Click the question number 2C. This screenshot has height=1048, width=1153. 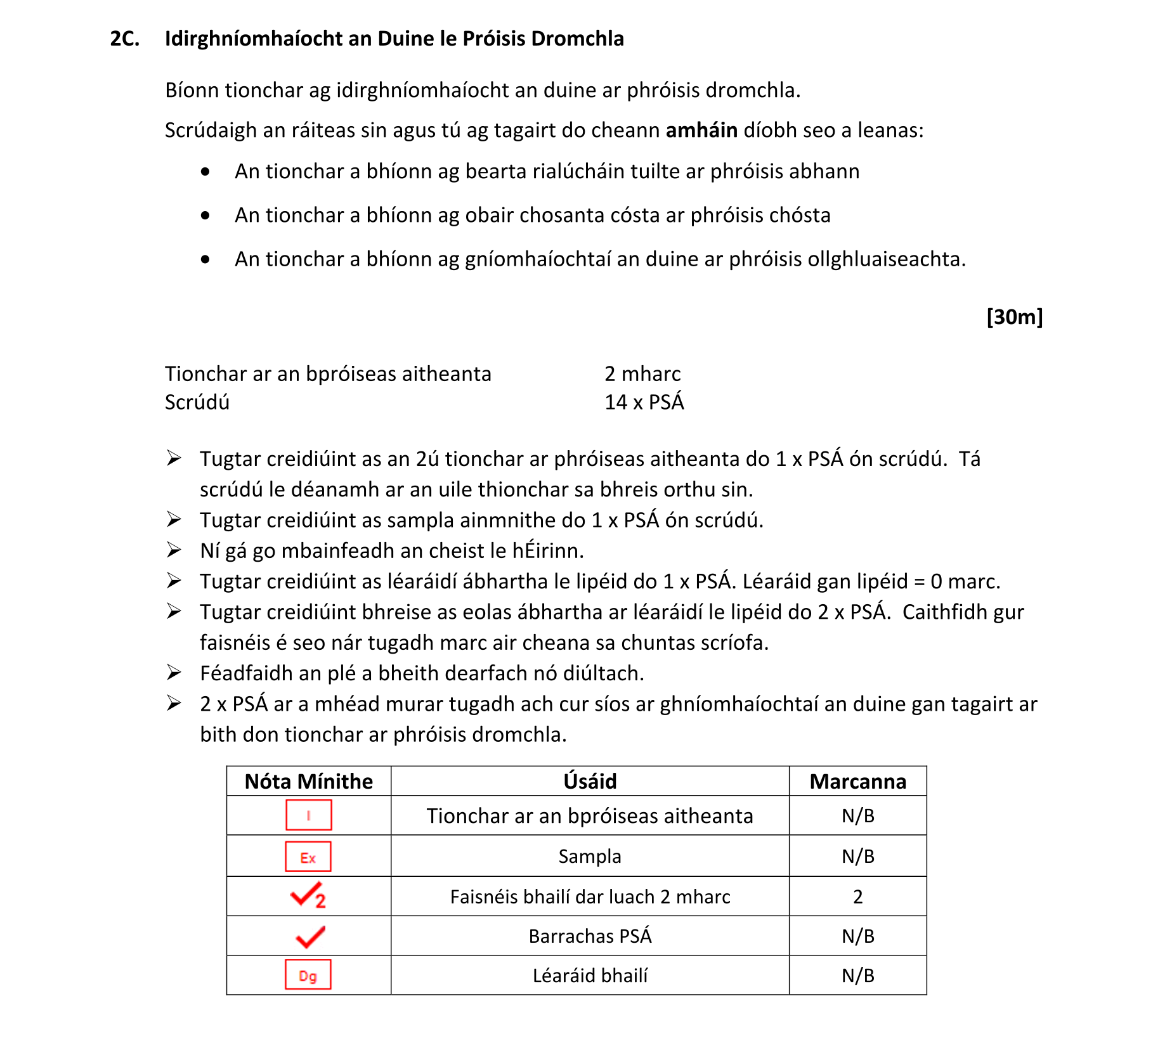(124, 39)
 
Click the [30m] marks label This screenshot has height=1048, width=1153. (1014, 316)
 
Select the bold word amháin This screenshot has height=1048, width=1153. (701, 130)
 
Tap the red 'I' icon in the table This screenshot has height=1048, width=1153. (308, 815)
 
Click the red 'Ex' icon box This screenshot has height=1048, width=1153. (308, 857)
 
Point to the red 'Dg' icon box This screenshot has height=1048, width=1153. (308, 975)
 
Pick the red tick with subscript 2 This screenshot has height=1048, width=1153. (308, 895)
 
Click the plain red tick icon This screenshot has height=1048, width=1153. (310, 936)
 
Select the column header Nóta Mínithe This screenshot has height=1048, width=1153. (309, 781)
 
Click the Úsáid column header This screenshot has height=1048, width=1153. (590, 781)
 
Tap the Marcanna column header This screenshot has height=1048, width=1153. (857, 781)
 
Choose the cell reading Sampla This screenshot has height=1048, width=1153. (590, 857)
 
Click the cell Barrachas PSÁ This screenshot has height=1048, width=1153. (590, 936)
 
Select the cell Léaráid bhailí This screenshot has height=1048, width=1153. (590, 975)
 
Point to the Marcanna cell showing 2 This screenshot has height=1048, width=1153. (857, 896)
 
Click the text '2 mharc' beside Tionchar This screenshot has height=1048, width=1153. (642, 374)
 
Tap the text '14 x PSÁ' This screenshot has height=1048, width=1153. (644, 402)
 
